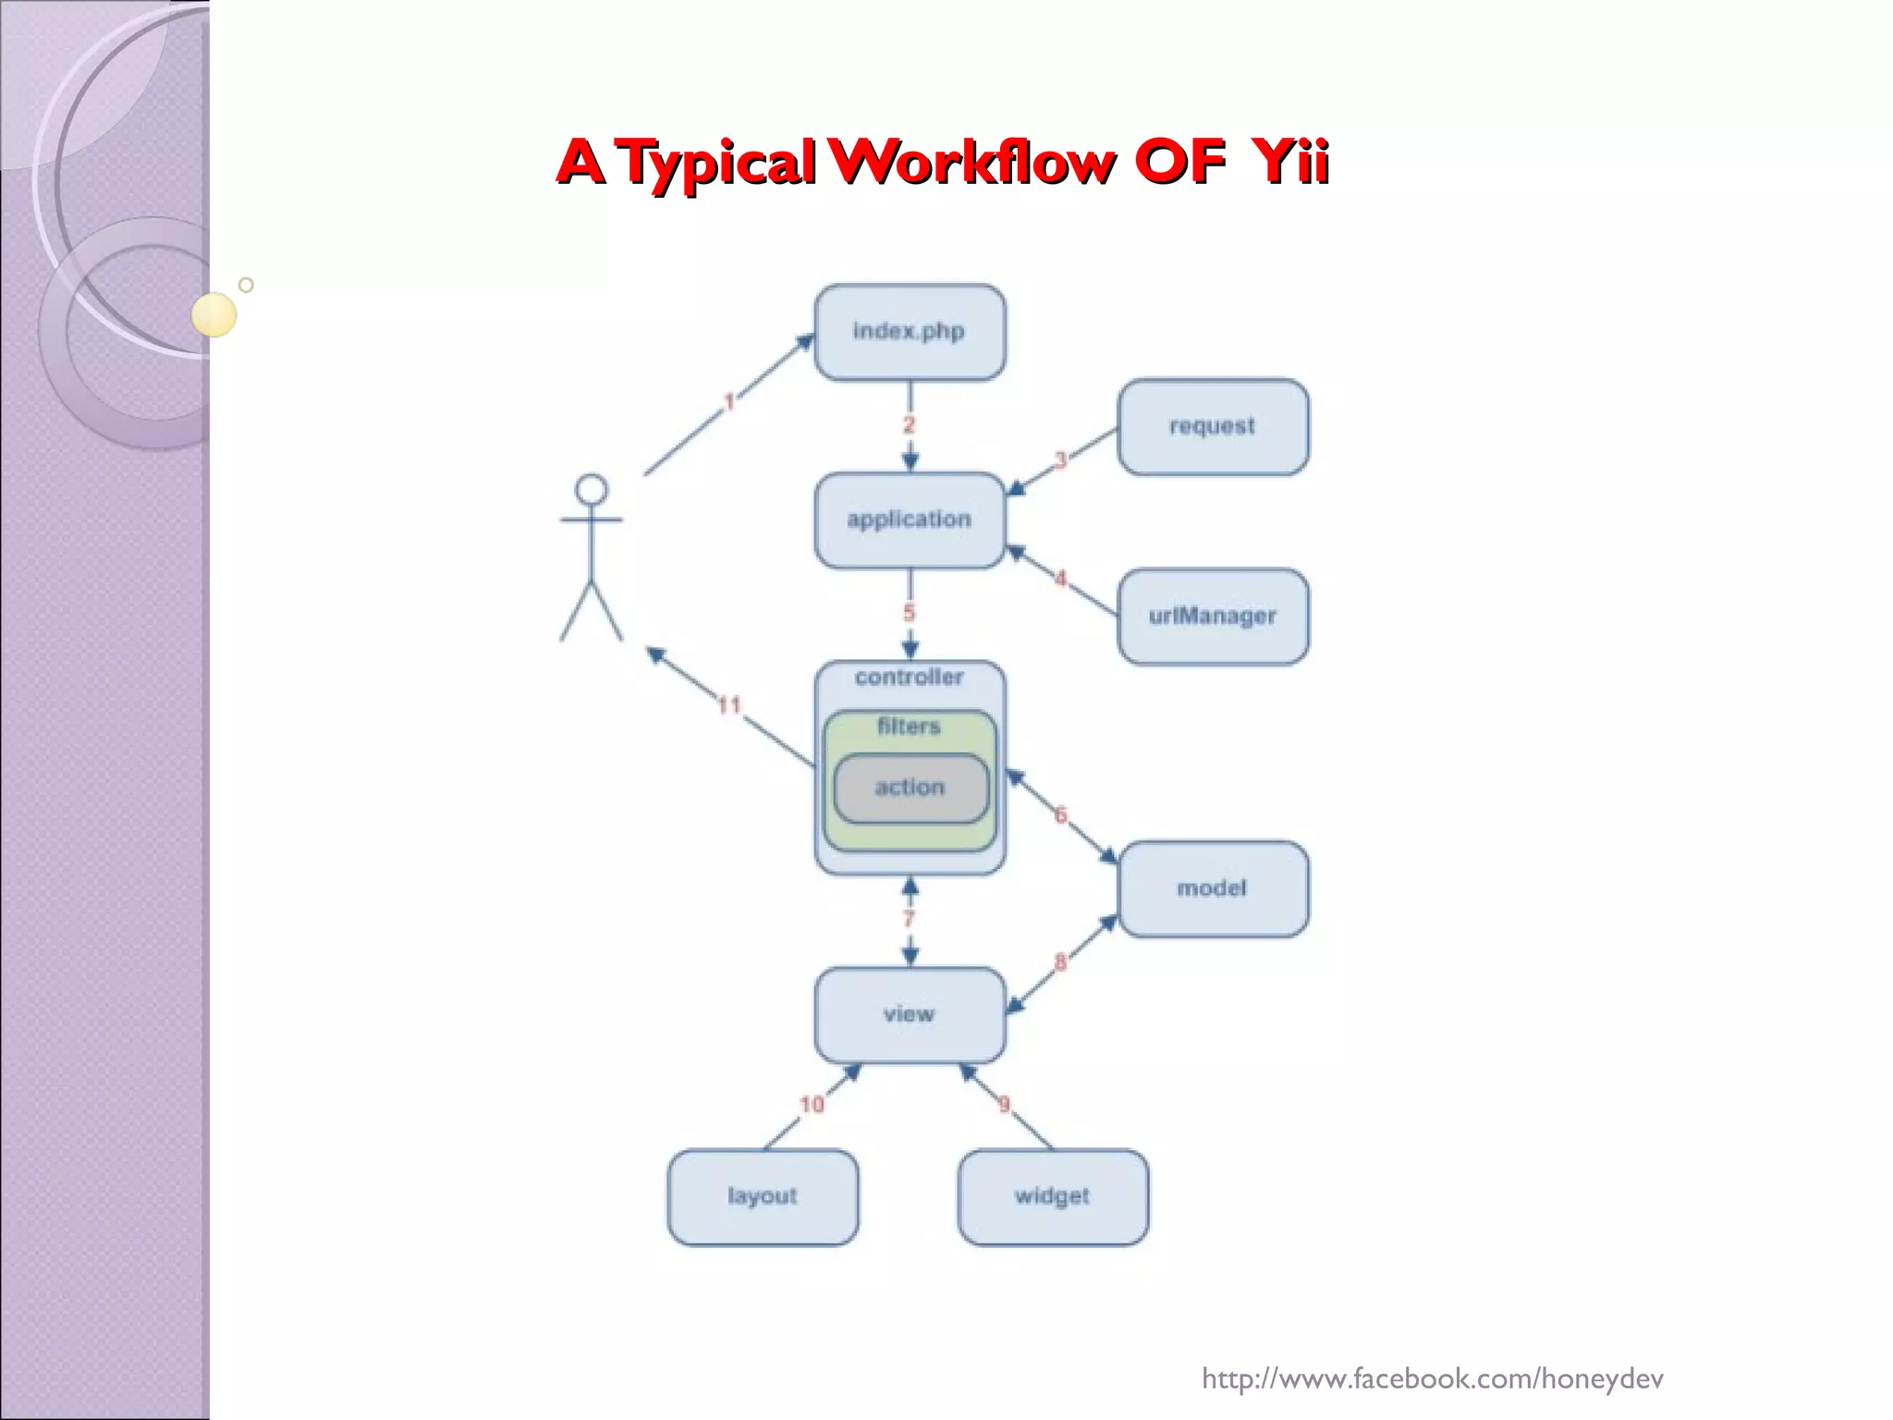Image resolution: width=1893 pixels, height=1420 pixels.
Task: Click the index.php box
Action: pyautogui.click(x=910, y=332)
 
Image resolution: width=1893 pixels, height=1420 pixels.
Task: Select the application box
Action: pyautogui.click(x=910, y=520)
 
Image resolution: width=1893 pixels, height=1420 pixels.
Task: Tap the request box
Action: pyautogui.click(x=1213, y=426)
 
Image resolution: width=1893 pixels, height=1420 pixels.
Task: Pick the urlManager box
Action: pyautogui.click(x=1213, y=616)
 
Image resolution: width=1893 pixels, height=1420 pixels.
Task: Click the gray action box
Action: pyautogui.click(x=910, y=788)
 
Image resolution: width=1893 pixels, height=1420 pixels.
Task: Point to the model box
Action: pyautogui.click(x=1213, y=888)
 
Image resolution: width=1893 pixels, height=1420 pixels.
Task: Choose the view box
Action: pyautogui.click(x=910, y=1014)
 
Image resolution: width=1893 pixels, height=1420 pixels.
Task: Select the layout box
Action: pyautogui.click(x=763, y=1196)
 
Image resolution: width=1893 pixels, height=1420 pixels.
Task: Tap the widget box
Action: pyautogui.click(x=1053, y=1196)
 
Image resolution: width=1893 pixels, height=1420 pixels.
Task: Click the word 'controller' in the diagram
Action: pyautogui.click(x=910, y=678)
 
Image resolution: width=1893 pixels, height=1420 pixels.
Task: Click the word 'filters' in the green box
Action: pyautogui.click(x=910, y=727)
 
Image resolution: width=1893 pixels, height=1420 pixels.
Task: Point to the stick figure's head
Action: pyautogui.click(x=592, y=489)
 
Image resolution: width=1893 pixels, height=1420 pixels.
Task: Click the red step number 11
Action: pyautogui.click(x=729, y=705)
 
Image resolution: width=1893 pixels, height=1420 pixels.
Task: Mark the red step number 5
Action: pyautogui.click(x=910, y=612)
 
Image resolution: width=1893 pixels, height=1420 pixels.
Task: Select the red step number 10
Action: pyautogui.click(x=812, y=1104)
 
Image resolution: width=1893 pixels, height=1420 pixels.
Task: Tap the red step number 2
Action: pyautogui.click(x=910, y=424)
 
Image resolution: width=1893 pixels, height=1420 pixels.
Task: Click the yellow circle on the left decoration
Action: pyautogui.click(x=214, y=314)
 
